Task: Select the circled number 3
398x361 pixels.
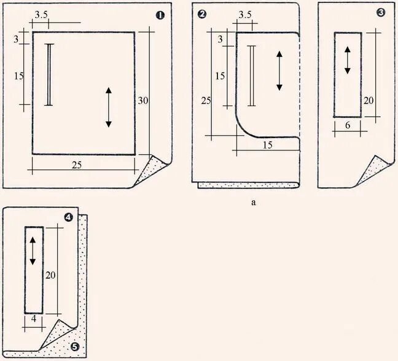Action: coord(381,12)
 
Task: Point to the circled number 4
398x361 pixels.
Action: coord(68,217)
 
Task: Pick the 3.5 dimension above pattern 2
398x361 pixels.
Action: coord(244,15)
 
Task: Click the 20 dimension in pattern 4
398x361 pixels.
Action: coord(52,276)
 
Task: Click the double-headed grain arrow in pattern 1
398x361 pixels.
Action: coord(108,107)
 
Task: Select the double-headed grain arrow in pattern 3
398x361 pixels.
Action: coord(347,60)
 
